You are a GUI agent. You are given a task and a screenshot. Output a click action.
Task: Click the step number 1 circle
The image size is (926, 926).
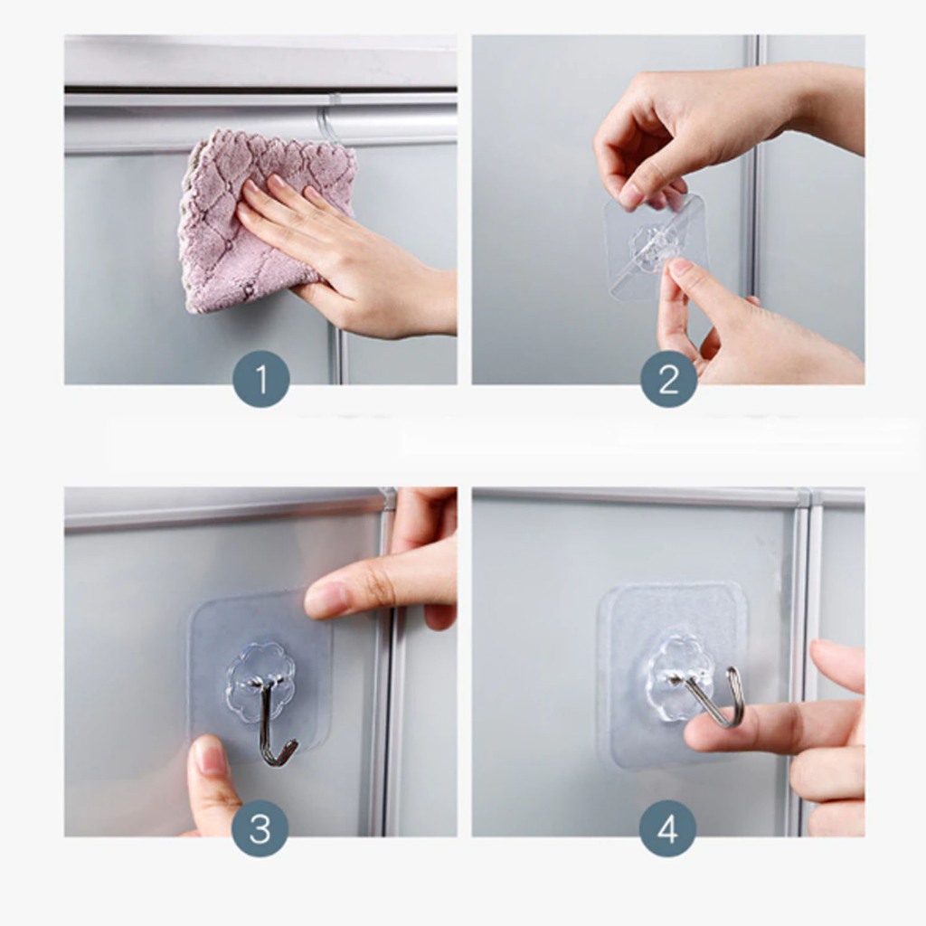[x=261, y=379]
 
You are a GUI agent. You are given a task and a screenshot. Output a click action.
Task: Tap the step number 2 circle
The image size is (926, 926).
[x=668, y=379]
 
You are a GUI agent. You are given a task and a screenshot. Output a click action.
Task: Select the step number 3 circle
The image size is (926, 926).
[x=260, y=828]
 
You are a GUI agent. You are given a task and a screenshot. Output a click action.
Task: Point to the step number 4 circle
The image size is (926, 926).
[x=668, y=828]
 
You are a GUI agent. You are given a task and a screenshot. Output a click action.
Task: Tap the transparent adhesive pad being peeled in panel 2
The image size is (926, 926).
[x=656, y=245]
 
